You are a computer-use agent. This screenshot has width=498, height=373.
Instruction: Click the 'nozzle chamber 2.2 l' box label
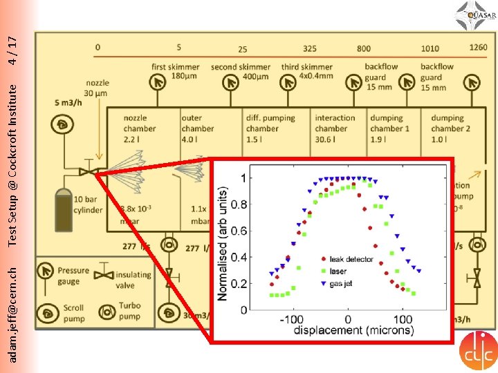(139, 128)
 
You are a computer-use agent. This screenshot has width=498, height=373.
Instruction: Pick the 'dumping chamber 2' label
(447, 128)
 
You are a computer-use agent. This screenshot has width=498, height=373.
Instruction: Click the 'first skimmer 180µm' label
(176, 71)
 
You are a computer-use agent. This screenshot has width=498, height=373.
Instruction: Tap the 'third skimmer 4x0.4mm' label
(306, 71)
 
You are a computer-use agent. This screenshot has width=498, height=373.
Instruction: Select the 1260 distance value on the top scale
(478, 48)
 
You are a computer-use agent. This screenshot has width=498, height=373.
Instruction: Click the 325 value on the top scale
(310, 49)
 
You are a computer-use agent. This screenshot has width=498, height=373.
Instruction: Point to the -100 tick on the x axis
(293, 319)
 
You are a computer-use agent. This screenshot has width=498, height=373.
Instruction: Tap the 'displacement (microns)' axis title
(353, 330)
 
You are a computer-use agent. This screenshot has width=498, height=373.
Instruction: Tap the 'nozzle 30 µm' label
(97, 88)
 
